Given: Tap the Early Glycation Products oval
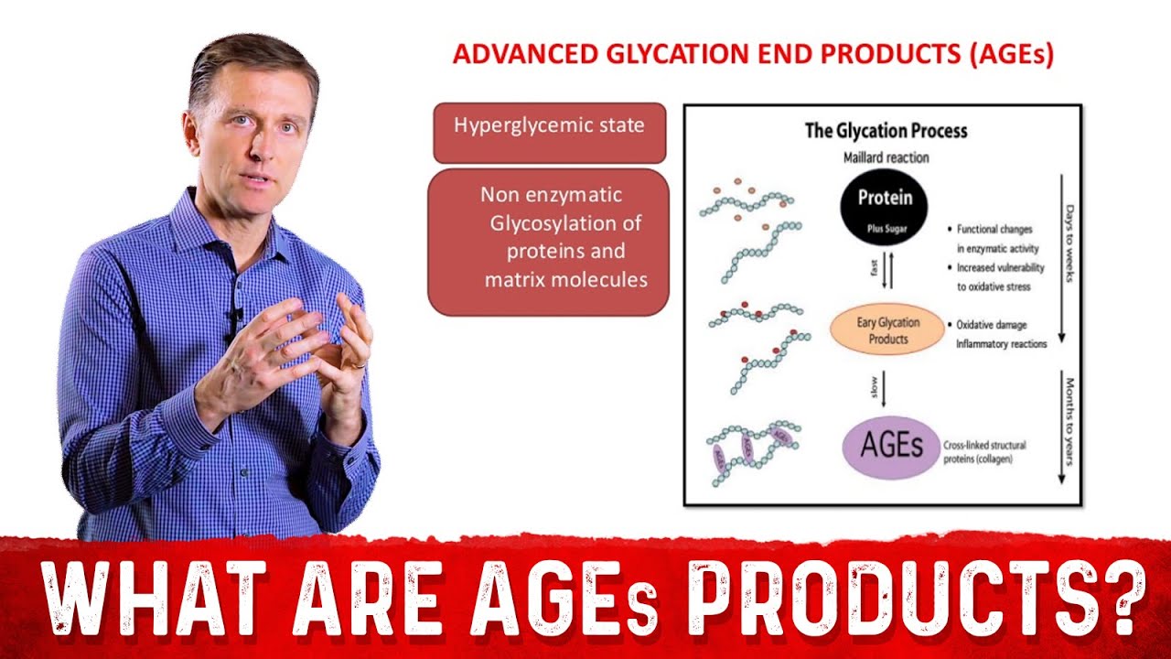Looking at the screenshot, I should tap(885, 330).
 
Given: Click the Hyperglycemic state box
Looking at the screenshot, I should tap(549, 125).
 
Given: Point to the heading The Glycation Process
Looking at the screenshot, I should tap(885, 130).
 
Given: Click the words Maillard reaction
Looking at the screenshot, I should tap(885, 157).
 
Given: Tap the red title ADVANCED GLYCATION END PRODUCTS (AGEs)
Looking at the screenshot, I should tap(753, 54).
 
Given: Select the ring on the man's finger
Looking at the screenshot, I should tap(360, 364).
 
